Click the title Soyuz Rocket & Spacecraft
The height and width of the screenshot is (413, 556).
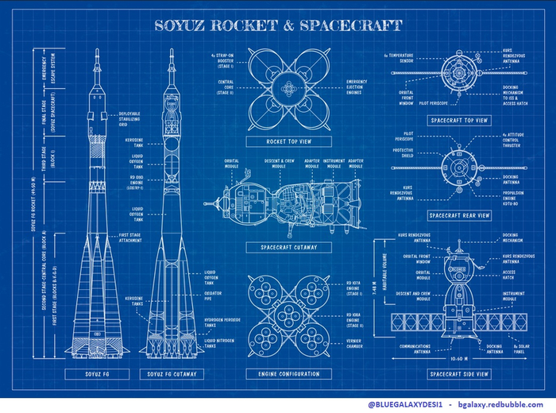[277, 26]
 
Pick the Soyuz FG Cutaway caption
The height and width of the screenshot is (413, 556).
[172, 373]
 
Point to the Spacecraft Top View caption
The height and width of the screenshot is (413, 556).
[459, 120]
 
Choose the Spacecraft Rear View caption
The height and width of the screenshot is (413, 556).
[459, 215]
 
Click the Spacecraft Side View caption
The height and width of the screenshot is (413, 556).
[459, 373]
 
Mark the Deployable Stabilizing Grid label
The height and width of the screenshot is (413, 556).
[129, 118]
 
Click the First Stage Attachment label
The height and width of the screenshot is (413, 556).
[129, 237]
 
